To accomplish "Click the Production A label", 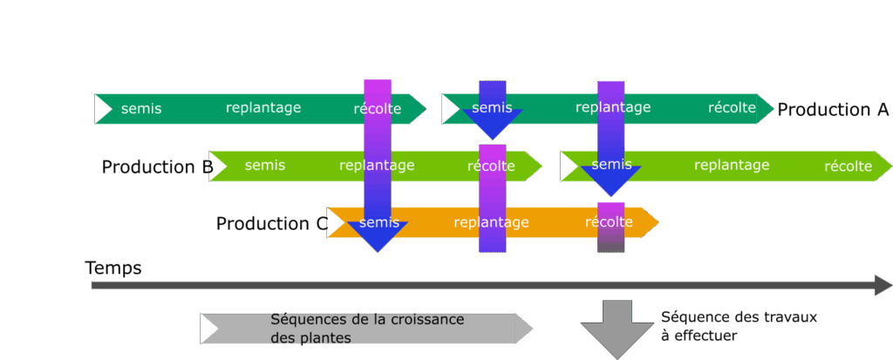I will click(x=833, y=110).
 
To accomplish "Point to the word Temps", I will click(x=113, y=268).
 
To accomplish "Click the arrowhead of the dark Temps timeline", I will click(x=883, y=285).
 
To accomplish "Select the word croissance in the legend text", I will click(x=426, y=320).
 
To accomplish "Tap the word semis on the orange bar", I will click(x=378, y=222).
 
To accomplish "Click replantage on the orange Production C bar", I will click(x=491, y=222).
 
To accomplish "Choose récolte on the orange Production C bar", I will click(x=609, y=222).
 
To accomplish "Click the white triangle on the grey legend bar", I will click(x=209, y=329).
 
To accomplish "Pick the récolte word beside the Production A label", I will click(x=732, y=108).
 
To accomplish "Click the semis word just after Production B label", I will click(x=265, y=166).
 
